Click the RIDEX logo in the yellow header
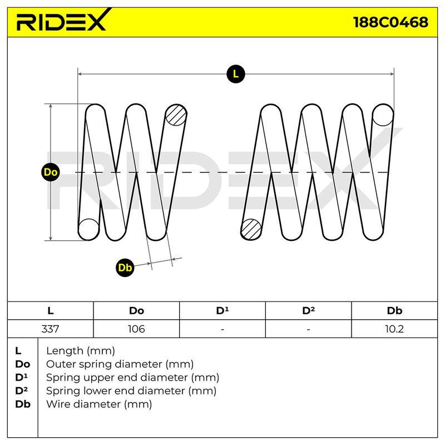(63, 20)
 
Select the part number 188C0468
(390, 22)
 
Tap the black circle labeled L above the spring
(235, 74)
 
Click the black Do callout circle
(51, 172)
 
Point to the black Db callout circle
(125, 268)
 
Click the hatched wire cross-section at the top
(176, 115)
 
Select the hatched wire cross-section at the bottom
(251, 229)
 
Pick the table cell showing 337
(50, 329)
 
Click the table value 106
(136, 329)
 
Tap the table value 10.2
(394, 329)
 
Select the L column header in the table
(51, 311)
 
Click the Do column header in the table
(136, 311)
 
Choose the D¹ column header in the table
(222, 310)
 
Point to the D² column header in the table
(309, 310)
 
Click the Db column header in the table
(394, 311)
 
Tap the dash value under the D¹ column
(222, 329)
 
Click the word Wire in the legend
(59, 404)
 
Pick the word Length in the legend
(65, 352)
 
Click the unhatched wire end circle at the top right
(383, 115)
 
